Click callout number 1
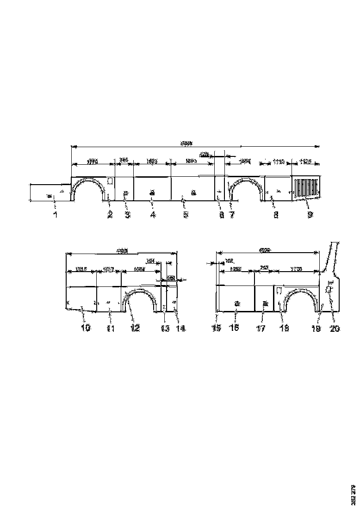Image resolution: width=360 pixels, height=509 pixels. point(55,215)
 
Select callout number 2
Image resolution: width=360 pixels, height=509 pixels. point(110,215)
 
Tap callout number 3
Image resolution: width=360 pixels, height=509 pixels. point(127,215)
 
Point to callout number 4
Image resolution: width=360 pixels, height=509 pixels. point(153,215)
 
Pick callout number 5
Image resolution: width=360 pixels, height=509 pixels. point(186,215)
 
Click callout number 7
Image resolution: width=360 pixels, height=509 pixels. point(232,215)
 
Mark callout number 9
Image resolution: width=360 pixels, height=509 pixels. point(310,215)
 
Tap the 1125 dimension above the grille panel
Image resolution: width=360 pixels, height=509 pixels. point(306,161)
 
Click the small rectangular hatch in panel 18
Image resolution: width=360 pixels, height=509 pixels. point(279,291)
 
